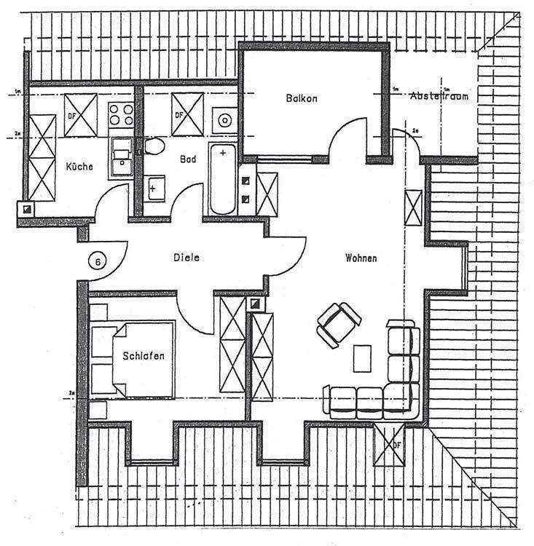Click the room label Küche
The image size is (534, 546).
click(79, 167)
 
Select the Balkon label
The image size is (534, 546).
click(302, 98)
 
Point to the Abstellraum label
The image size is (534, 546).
click(439, 96)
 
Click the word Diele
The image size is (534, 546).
click(186, 257)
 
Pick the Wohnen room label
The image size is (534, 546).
click(361, 258)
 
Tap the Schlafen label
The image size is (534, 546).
click(143, 356)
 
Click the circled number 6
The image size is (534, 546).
click(97, 259)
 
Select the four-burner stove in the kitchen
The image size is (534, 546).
click(119, 114)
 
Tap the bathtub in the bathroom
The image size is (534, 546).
click(222, 178)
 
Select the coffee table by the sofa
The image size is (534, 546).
click(362, 357)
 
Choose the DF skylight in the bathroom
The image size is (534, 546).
click(186, 115)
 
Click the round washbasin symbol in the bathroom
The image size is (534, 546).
click(225, 119)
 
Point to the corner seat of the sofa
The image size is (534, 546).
click(402, 401)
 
